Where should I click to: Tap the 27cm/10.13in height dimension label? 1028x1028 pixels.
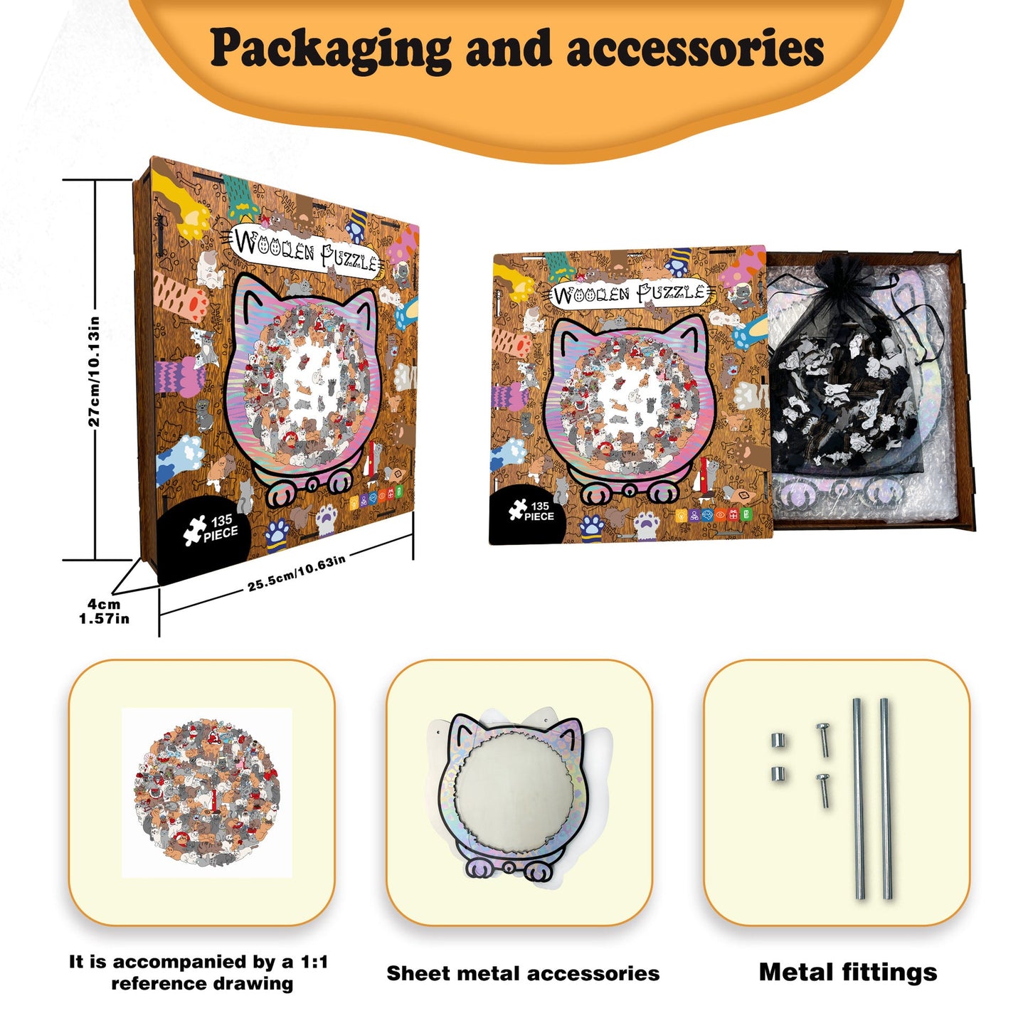pos(94,371)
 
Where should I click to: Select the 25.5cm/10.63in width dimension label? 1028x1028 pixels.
pos(297,573)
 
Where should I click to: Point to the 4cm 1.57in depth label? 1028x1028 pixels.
pos(105,611)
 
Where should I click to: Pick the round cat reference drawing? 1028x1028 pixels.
pos(206,793)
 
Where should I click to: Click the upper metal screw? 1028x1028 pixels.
pos(823,739)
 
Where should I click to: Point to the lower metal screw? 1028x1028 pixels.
pos(823,790)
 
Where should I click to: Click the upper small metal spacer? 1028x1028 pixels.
pos(778,741)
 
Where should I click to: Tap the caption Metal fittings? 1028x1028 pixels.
pos(848,972)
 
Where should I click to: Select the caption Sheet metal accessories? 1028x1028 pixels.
pos(523,973)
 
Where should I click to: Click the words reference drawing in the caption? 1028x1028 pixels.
pos(202,983)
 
